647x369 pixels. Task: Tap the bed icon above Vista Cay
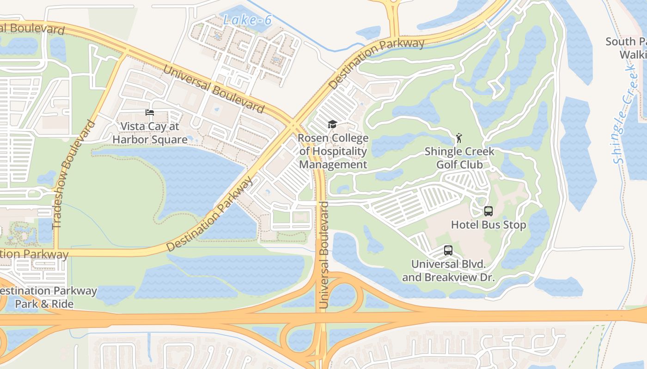tap(149, 113)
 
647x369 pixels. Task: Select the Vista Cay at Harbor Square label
tap(150, 133)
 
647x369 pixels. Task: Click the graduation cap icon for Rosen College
tap(332, 124)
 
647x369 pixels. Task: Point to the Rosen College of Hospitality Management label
tap(333, 151)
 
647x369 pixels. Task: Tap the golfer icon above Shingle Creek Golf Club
tap(459, 138)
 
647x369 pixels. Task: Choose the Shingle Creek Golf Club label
tap(459, 158)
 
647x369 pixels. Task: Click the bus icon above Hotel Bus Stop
tap(488, 211)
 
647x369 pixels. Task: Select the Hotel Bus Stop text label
tap(488, 225)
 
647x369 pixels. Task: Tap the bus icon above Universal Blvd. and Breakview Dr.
tap(448, 250)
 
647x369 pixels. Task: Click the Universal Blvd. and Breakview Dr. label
tap(448, 271)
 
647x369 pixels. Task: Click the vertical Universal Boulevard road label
tap(324, 255)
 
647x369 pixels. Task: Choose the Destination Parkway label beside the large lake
tap(210, 214)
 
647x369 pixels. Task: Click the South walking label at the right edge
tap(626, 48)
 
